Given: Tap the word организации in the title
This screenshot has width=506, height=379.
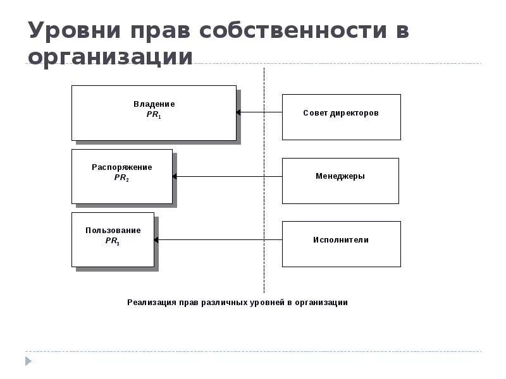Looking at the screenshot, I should [x=110, y=57].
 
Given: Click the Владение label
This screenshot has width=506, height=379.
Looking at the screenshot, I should [x=154, y=104].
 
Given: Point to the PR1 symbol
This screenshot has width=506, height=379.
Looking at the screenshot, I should [x=154, y=116].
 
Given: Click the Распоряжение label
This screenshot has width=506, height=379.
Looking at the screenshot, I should [x=122, y=167].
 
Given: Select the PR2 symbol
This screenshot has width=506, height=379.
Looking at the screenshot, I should [x=122, y=179].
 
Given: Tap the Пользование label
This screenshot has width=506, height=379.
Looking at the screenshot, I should [x=113, y=231].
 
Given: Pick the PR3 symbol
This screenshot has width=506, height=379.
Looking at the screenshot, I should [x=113, y=242].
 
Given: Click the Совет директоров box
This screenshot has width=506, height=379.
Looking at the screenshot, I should [x=341, y=117].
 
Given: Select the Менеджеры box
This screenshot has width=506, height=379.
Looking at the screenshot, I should [x=340, y=181].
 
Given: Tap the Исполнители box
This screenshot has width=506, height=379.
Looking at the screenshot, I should [x=341, y=244].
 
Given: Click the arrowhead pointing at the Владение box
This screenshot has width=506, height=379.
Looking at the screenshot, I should [x=239, y=113].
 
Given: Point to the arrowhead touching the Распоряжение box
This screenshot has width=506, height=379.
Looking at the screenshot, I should [x=175, y=177].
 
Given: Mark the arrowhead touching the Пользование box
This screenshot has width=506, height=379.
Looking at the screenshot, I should [x=157, y=240].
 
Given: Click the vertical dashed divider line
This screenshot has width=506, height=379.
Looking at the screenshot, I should [x=264, y=189].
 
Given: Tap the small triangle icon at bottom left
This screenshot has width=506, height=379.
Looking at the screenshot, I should [x=28, y=361].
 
